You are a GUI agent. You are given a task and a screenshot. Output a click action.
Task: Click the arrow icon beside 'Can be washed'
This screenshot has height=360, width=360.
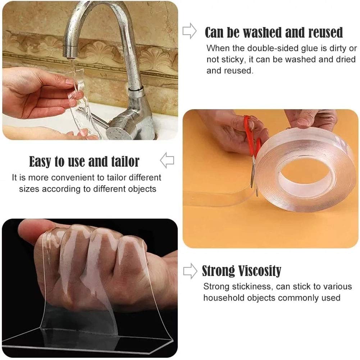coord(190,32)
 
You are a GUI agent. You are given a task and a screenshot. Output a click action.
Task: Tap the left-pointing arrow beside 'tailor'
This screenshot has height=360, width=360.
coord(167,160)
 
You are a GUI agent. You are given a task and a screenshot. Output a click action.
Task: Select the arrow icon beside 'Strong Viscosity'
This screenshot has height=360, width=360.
coord(190,270)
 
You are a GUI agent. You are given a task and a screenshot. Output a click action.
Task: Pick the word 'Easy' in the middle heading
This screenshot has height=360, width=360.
coord(40,162)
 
